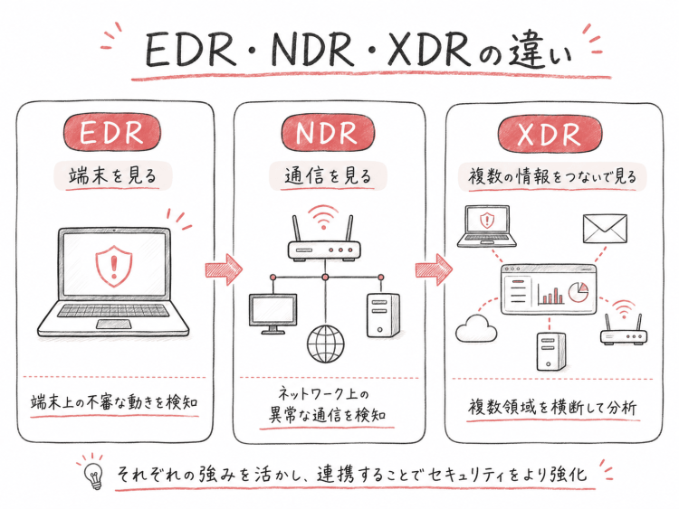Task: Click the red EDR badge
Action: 112,132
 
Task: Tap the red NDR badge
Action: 328,133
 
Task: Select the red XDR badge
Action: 550,133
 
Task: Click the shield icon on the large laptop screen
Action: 114,266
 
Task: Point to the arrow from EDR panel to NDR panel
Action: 224,269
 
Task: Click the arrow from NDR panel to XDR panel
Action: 434,269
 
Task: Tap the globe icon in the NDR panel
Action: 326,344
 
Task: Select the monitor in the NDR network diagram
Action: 273,314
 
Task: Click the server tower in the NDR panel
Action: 383,316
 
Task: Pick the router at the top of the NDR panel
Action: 324,242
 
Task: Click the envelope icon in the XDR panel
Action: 605,229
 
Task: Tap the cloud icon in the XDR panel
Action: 476,328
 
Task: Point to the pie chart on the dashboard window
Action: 579,292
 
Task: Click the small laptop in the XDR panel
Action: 487,226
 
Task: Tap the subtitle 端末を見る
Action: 112,176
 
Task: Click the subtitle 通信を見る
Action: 328,176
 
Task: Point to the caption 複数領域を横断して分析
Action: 552,408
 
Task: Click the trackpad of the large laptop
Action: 114,324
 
